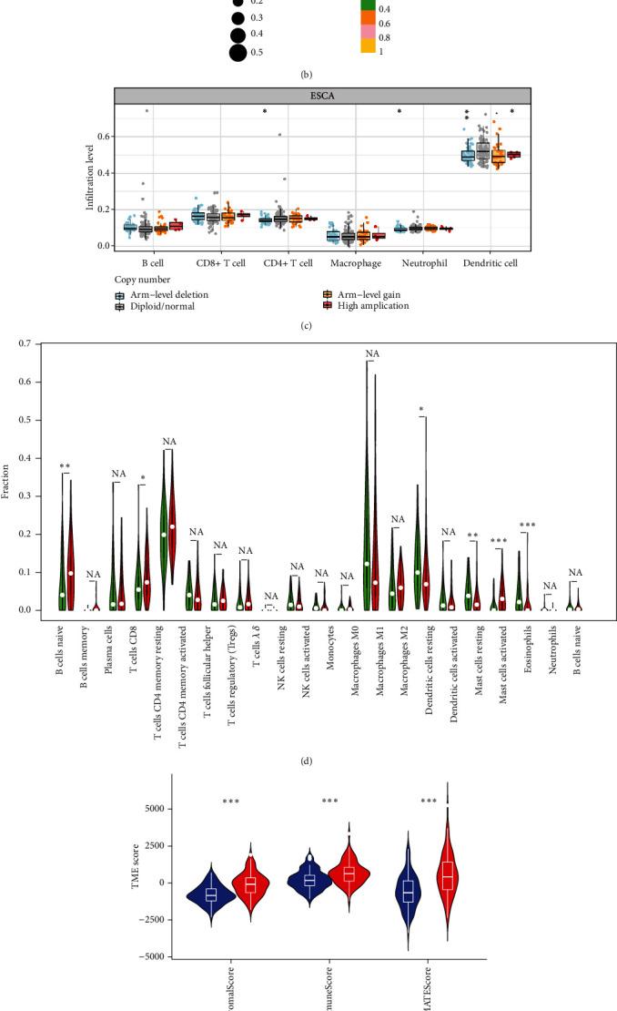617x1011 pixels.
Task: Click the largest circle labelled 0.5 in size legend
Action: (238, 52)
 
